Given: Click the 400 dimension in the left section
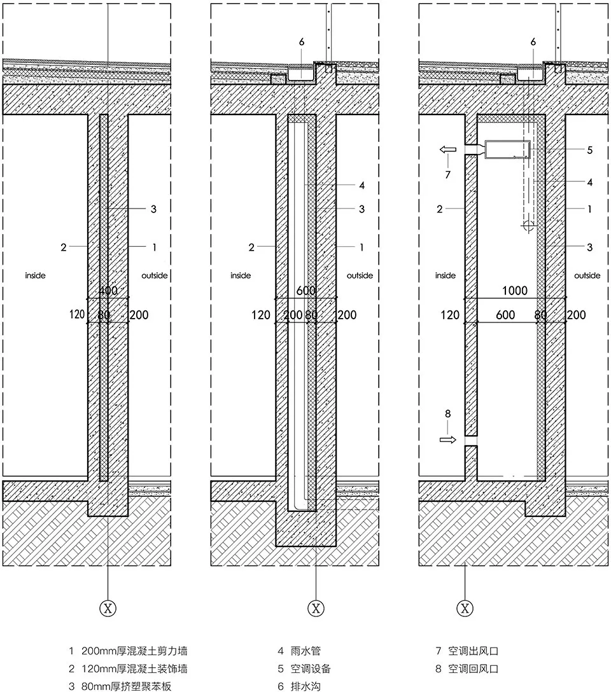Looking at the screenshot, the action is pos(108,291).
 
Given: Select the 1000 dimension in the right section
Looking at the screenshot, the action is pos(515,291).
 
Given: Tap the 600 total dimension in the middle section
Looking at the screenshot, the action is pos(305,291).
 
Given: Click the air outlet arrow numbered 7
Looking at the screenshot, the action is pos(448,150).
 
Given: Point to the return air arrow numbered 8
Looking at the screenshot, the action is pos(448,439).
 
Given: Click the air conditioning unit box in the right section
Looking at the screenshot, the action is pos(507,149).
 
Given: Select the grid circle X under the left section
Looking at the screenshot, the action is pos(108,609).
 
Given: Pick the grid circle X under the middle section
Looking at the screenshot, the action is pos(316,609).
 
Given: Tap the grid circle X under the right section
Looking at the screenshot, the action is pos(465,609).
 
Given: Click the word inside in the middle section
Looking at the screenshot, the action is pos(241,275).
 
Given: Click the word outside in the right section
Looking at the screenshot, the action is pos(587,275).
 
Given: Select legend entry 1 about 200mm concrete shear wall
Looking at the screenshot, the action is pos(128,651).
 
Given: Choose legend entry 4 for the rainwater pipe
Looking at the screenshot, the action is pos(299,651).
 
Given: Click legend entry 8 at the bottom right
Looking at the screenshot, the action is pos(467,668).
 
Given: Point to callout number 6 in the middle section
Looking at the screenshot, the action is pos(302,42).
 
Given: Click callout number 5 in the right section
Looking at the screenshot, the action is pos(590,150).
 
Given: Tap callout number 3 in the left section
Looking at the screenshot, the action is pos(153,209).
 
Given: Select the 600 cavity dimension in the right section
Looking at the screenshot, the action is pos(505,315).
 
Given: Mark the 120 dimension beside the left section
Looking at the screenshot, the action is pos(77,315).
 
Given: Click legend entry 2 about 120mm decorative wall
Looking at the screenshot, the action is pos(128,668).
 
